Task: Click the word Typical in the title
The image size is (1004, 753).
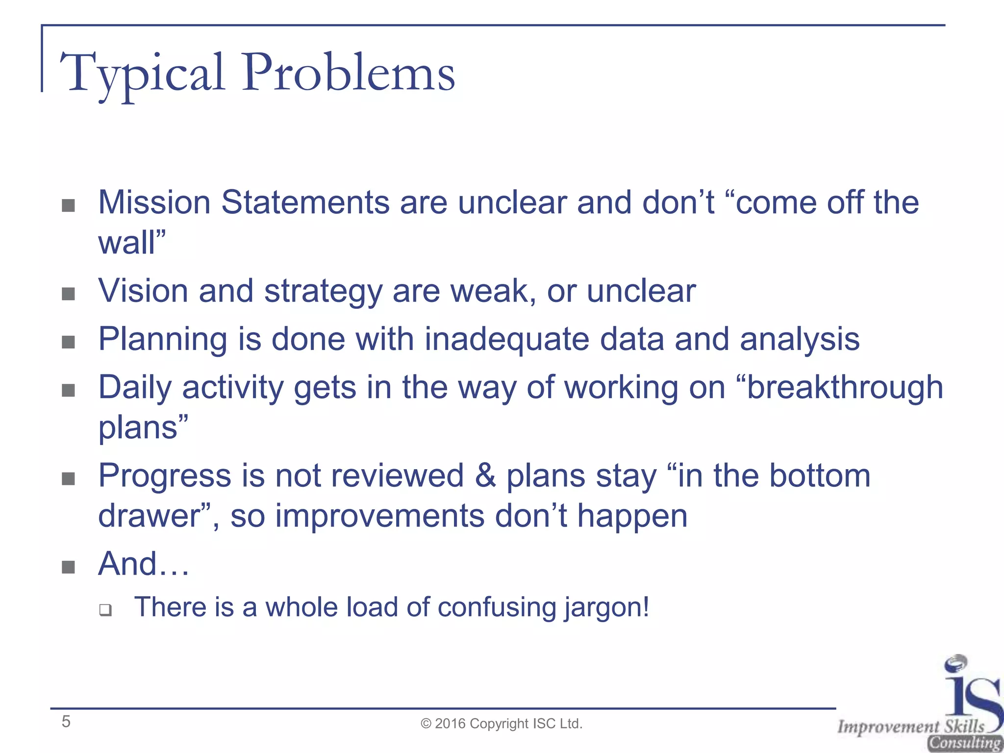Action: coord(142,74)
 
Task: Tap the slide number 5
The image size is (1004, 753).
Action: coord(66,722)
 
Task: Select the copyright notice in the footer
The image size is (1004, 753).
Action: coord(502,724)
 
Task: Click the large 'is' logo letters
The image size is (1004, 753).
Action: coord(971,691)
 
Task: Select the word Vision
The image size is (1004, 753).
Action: coord(143,291)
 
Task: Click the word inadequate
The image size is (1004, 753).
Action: coord(506,339)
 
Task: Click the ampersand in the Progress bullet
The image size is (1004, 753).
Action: coord(485,476)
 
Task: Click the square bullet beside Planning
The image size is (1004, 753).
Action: coord(69,342)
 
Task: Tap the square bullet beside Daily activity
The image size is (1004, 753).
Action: coord(69,391)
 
